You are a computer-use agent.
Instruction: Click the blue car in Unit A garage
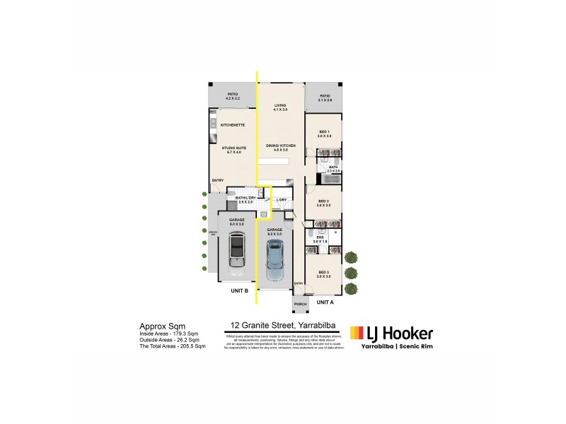click(275, 260)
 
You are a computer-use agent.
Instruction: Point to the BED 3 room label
click(323, 273)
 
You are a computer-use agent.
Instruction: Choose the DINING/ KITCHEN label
click(281, 147)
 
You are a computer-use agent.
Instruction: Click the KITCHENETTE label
click(233, 125)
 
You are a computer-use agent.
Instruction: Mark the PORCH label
click(300, 305)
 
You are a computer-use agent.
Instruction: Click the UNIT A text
click(325, 302)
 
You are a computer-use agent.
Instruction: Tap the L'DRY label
click(281, 201)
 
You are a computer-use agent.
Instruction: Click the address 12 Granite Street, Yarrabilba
click(282, 326)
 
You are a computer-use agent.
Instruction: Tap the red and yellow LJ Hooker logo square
click(357, 333)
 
